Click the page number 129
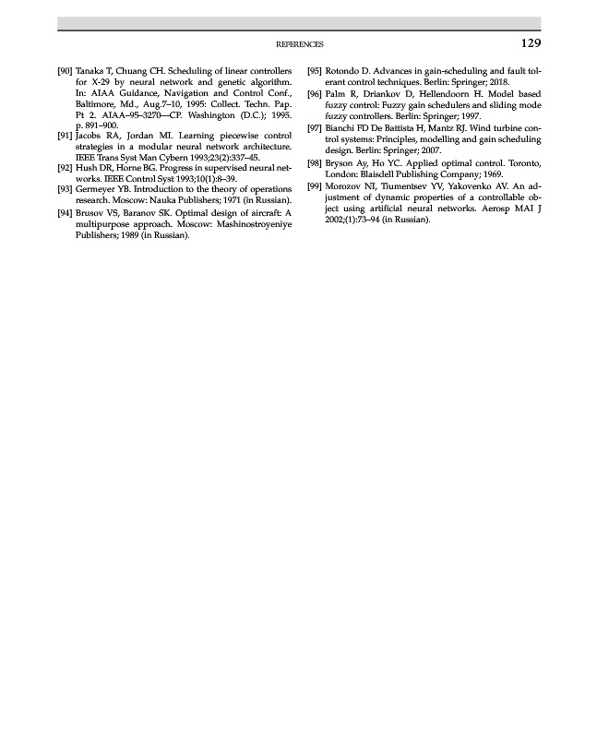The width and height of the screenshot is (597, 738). (x=530, y=43)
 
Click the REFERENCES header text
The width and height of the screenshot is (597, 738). (x=300, y=44)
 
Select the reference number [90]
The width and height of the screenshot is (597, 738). (x=65, y=70)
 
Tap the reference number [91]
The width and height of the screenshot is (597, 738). (x=65, y=135)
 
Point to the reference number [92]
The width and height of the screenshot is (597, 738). (x=65, y=168)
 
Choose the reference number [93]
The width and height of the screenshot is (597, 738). (x=65, y=189)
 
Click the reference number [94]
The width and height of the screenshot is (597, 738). (x=65, y=212)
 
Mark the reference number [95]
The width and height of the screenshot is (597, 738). (x=315, y=70)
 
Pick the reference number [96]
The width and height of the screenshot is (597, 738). (x=315, y=93)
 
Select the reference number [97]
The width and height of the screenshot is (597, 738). (x=315, y=127)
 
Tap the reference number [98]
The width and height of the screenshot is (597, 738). (x=315, y=162)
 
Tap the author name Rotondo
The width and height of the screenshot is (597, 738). (x=345, y=70)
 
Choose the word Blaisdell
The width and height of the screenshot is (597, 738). (x=390, y=173)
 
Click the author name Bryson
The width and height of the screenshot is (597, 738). (x=342, y=162)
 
